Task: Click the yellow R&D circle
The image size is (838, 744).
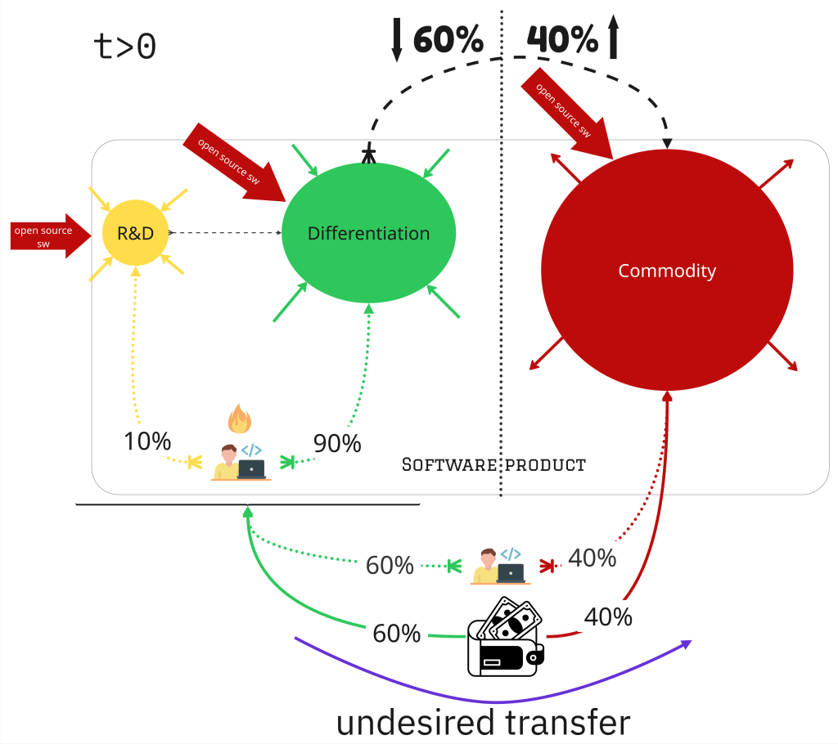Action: click(136, 232)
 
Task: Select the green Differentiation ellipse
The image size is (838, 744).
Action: click(368, 233)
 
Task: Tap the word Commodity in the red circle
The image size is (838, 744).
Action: click(667, 271)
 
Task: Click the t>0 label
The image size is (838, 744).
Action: click(125, 47)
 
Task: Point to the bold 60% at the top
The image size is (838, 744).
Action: click(448, 38)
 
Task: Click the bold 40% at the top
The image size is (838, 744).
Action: click(561, 38)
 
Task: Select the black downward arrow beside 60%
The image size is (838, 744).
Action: click(397, 39)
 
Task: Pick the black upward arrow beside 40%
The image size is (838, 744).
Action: click(613, 38)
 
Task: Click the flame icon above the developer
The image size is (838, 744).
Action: click(239, 419)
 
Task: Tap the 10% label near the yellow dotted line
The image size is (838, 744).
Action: click(147, 441)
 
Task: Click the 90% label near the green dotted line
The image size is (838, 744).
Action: click(337, 443)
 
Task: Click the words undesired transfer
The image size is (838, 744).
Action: click(484, 723)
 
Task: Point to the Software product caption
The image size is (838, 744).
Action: click(494, 465)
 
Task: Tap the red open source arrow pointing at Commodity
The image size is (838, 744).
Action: click(574, 119)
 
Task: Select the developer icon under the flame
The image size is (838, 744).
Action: click(241, 462)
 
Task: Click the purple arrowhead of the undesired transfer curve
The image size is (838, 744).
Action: click(686, 644)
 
